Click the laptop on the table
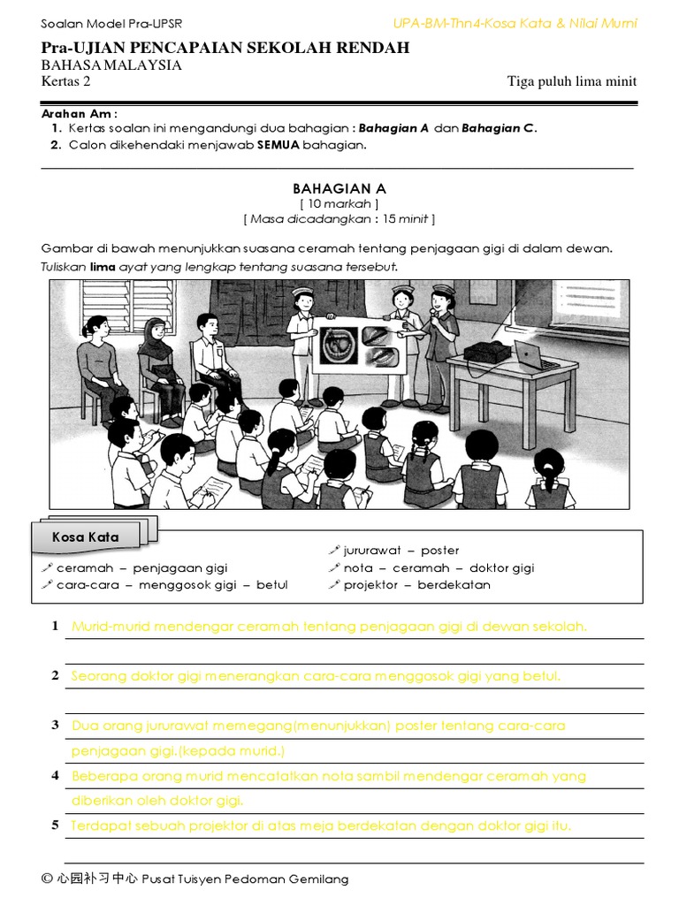point(538,357)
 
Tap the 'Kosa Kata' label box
point(85,536)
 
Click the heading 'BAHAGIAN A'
point(339,188)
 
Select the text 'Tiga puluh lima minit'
point(571,81)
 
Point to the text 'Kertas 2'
point(65,81)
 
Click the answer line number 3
point(55,725)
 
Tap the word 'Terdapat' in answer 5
point(99,826)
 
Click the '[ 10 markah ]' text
point(339,203)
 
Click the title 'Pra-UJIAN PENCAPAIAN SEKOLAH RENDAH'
point(225,48)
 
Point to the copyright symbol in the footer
point(47,878)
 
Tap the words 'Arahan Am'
point(76,114)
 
